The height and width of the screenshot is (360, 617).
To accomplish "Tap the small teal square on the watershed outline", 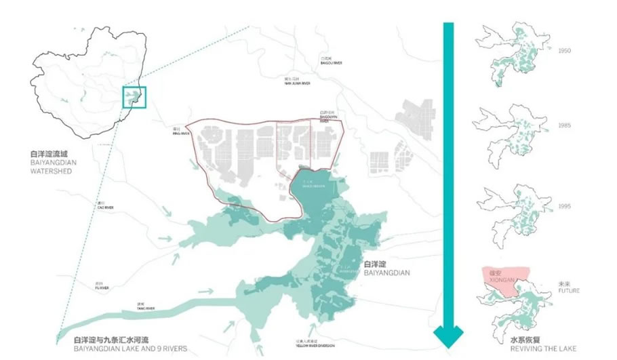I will click(133, 97).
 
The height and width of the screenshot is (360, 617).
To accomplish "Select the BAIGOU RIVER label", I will click(332, 61).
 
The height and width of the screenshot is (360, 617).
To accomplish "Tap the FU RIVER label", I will click(99, 285).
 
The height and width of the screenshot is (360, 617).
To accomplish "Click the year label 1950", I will click(565, 50).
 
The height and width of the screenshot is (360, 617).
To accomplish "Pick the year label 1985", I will click(565, 126).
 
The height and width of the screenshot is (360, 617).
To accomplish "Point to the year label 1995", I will click(565, 204).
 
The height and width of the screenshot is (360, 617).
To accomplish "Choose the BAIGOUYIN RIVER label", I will click(328, 116).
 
